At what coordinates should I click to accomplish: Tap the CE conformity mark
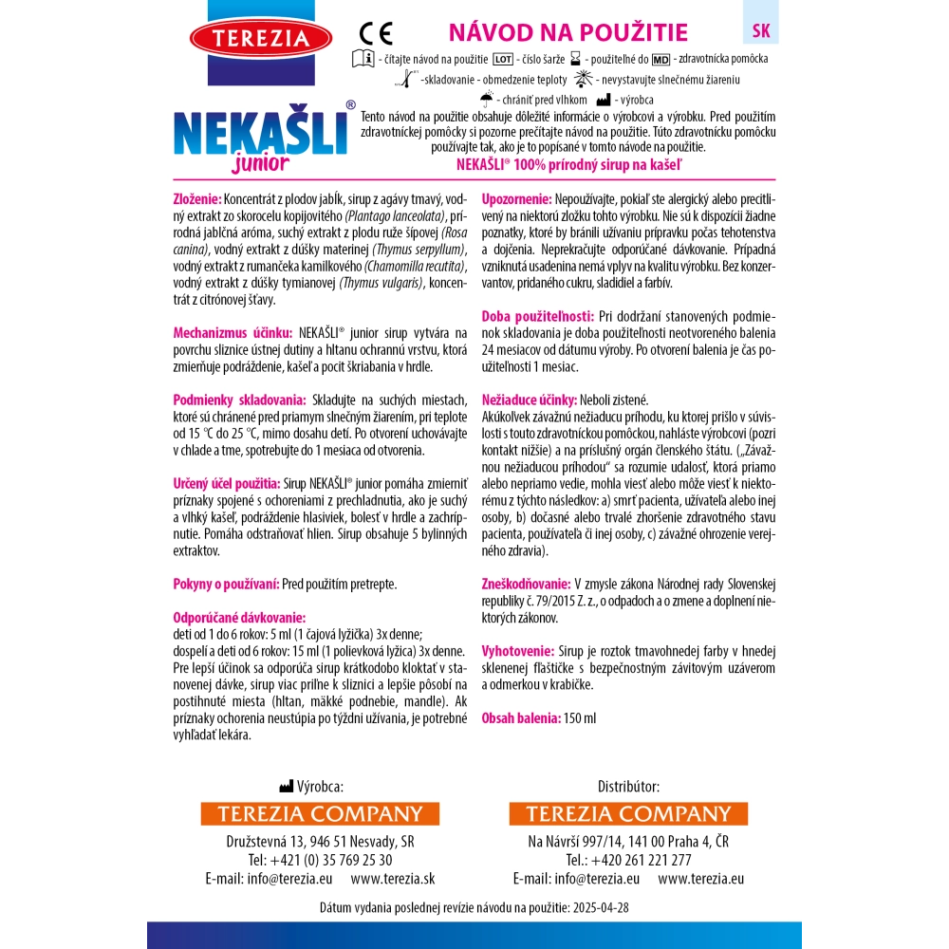point(377,34)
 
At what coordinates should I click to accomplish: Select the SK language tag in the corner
point(760,29)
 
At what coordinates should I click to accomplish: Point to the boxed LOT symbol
point(504,59)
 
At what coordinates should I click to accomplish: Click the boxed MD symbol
point(661,59)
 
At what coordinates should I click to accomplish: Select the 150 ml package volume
point(580,717)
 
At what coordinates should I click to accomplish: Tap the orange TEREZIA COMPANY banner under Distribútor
point(628,814)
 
